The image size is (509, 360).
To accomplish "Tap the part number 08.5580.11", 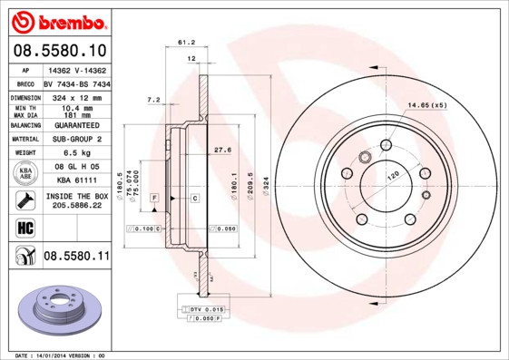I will (x=76, y=258).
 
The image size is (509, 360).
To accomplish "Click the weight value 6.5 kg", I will (x=76, y=153).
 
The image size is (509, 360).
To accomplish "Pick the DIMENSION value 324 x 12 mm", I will (x=76, y=96).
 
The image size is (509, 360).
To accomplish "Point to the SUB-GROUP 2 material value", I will (x=76, y=139).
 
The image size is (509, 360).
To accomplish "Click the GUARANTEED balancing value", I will (x=76, y=124).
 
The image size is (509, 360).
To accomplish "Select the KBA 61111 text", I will (x=76, y=181).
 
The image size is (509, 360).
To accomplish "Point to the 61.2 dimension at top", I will (x=186, y=42).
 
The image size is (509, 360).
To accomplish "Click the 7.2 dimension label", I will (x=153, y=99).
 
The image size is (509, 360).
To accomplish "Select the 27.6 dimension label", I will (x=221, y=149).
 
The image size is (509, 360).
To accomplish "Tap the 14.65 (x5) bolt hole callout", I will (x=427, y=106).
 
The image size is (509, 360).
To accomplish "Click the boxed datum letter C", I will (x=195, y=198).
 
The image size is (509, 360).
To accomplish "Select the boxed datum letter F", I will (x=155, y=198).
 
